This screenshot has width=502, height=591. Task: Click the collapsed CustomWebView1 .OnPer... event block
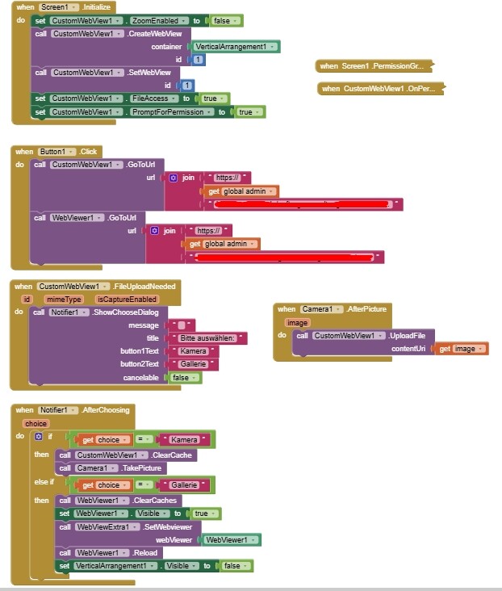[x=380, y=89]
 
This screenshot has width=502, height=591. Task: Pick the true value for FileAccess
[x=213, y=98]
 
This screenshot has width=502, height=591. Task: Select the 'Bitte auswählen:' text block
[x=207, y=338]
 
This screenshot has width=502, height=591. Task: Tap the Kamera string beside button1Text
[x=193, y=351]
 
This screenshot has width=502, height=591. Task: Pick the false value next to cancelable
[x=184, y=378]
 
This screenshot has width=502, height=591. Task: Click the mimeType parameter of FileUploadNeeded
[x=64, y=299]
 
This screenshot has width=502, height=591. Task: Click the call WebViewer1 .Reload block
[x=110, y=553]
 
